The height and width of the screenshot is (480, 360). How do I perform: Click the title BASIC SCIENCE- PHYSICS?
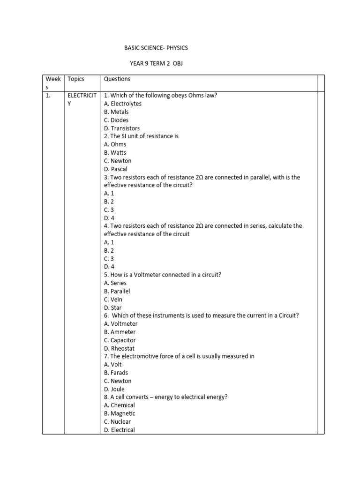(156, 48)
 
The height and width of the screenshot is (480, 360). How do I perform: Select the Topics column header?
(76, 79)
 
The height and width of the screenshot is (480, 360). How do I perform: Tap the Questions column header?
(117, 79)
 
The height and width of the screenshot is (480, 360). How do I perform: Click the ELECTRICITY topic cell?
(82, 99)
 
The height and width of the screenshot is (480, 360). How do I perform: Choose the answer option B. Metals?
(116, 112)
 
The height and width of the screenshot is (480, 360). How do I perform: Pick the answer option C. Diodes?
(116, 120)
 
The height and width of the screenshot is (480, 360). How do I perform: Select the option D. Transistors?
(122, 128)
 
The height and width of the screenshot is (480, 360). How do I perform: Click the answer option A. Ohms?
(115, 144)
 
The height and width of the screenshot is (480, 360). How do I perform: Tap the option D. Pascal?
(116, 169)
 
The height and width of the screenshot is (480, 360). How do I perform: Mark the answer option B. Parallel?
(117, 291)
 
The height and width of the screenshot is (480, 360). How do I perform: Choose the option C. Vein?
(113, 300)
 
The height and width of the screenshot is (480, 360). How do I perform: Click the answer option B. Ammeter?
(120, 332)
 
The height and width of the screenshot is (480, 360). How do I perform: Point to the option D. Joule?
(114, 389)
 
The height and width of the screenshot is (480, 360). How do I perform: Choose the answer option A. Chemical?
(120, 405)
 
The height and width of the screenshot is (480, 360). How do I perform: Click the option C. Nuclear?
(118, 422)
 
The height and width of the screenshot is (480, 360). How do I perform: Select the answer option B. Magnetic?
(120, 413)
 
